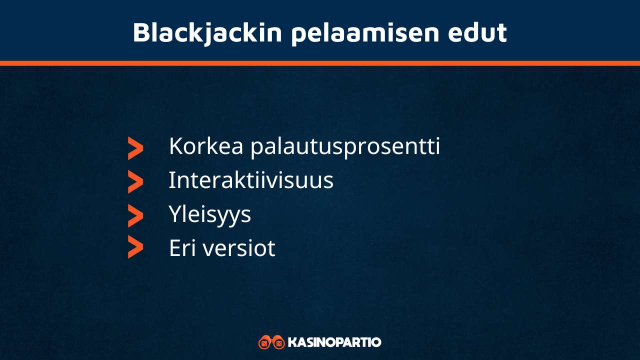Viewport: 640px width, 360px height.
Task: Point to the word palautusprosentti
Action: [345, 146]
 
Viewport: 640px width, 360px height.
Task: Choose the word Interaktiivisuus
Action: [250, 180]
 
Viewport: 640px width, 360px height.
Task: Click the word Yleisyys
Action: [209, 214]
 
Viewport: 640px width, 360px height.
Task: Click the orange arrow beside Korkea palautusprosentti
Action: [135, 148]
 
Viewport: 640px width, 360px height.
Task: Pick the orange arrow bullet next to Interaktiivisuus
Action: [135, 182]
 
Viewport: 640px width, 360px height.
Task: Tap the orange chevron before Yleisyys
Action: [135, 215]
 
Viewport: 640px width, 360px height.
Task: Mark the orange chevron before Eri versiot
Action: [135, 247]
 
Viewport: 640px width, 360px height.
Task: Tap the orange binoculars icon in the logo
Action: [271, 342]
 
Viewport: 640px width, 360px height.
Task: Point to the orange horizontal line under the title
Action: [320, 63]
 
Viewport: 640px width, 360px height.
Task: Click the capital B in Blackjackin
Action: [141, 32]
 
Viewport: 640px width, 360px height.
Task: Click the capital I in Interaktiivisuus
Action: [171, 180]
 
